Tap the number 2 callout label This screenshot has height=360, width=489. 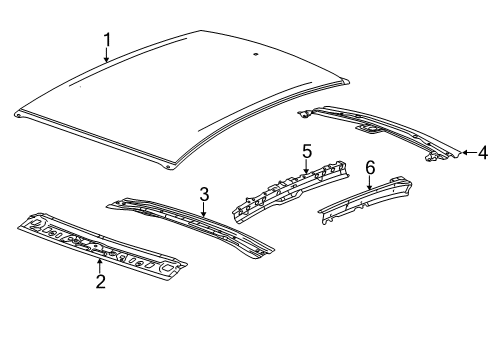point(100,281)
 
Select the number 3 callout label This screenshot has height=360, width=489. point(203,193)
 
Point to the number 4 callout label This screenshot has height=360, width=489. point(481,153)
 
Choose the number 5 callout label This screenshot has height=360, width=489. point(307,151)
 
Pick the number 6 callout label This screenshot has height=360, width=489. point(369,168)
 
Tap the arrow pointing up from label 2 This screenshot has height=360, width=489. point(100,263)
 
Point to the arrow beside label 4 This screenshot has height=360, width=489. point(466,153)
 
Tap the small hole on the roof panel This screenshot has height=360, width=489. point(257,53)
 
